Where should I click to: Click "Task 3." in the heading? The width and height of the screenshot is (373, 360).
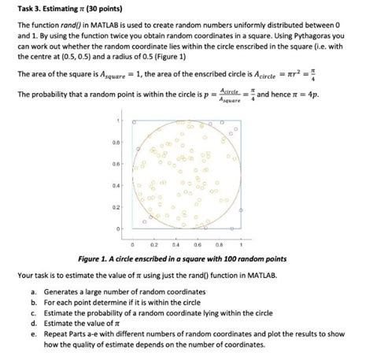(x=29, y=9)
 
